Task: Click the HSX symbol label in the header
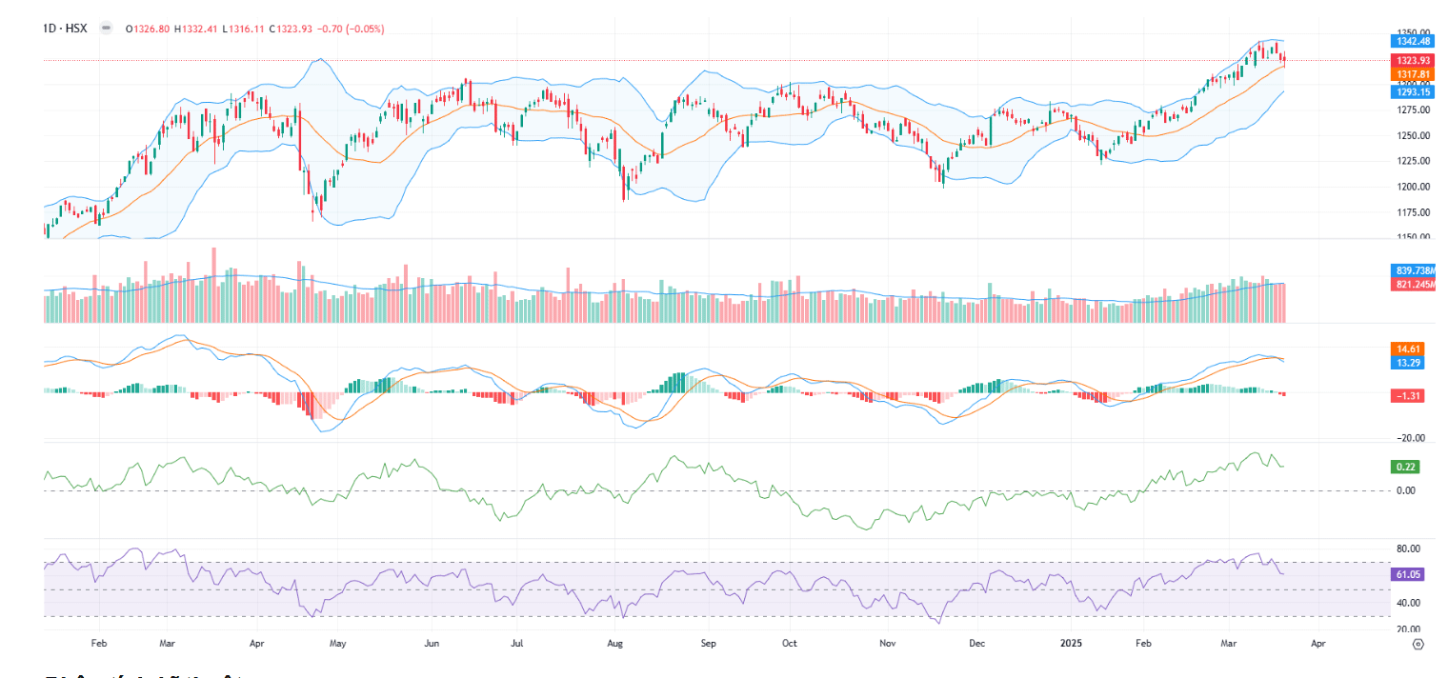coord(75,29)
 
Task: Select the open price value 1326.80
coord(152,29)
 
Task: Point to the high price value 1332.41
coord(200,29)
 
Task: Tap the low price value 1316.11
coord(247,29)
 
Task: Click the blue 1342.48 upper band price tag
coord(1406,41)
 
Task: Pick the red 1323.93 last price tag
coord(1406,60)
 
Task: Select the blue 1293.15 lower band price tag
coord(1406,91)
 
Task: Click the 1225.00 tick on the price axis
coord(1406,161)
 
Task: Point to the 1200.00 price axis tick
coord(1406,187)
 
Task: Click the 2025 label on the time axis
coord(1068,644)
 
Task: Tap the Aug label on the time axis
coord(614,644)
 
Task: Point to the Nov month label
coord(887,644)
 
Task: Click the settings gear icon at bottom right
coord(1418,645)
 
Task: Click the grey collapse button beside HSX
coord(105,29)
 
